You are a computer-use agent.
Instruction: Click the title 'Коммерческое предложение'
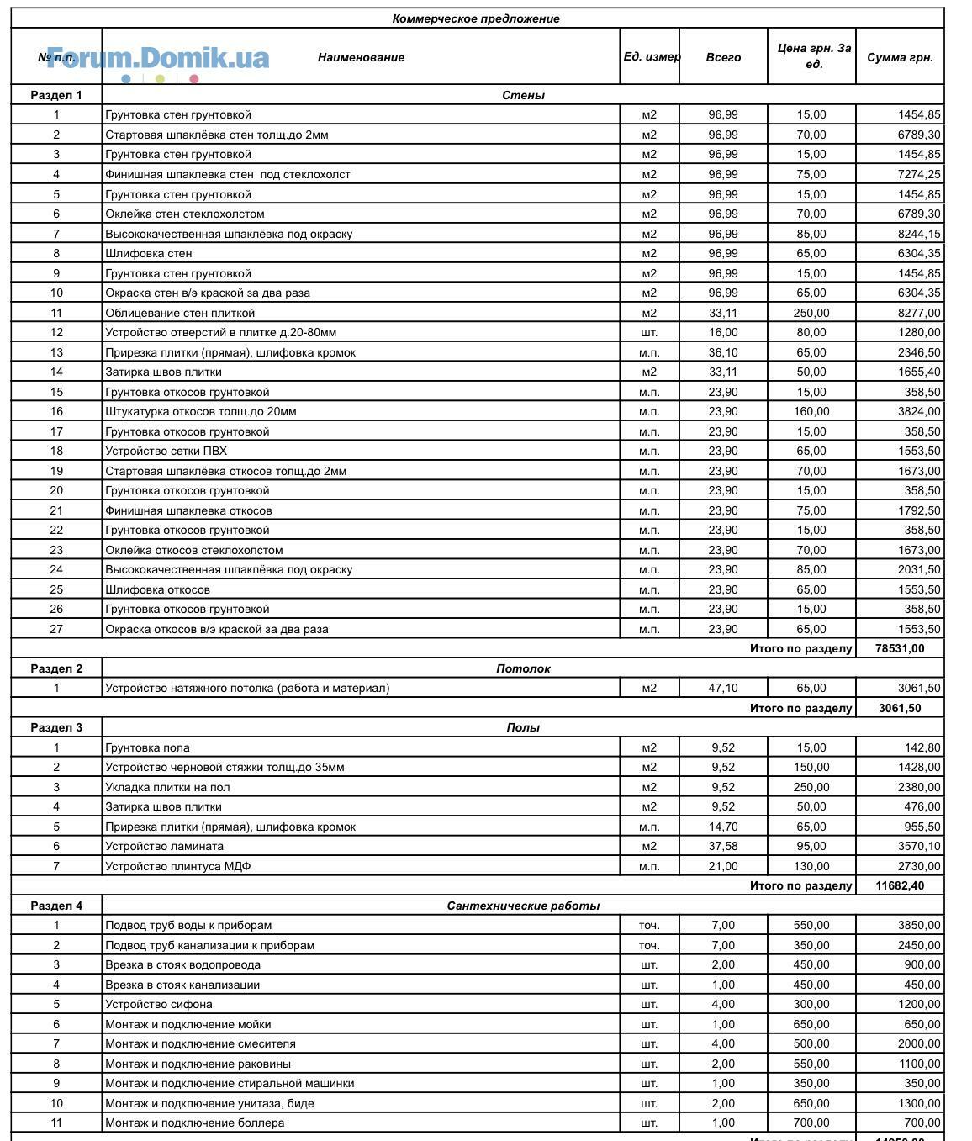click(475, 18)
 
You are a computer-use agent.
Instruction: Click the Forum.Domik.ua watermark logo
click(158, 58)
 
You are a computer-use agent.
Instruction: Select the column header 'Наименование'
click(361, 57)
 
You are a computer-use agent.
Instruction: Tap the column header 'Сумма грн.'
click(900, 57)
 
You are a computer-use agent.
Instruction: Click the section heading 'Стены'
click(523, 95)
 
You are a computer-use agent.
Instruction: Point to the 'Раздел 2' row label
click(56, 668)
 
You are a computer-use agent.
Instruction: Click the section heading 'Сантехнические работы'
click(523, 906)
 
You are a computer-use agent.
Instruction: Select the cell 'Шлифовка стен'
click(149, 253)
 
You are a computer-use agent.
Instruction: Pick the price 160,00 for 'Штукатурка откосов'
click(811, 411)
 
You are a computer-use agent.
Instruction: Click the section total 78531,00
click(900, 648)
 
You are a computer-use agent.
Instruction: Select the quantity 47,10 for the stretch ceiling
click(723, 688)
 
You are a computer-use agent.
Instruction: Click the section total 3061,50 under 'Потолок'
click(900, 708)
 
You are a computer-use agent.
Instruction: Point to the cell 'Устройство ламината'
click(164, 846)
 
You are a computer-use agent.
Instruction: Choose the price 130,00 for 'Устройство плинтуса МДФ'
click(811, 866)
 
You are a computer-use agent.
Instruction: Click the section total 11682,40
click(900, 885)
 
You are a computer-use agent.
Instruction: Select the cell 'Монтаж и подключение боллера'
click(194, 1123)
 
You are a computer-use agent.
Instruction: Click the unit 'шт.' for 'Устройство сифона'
click(649, 1004)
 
